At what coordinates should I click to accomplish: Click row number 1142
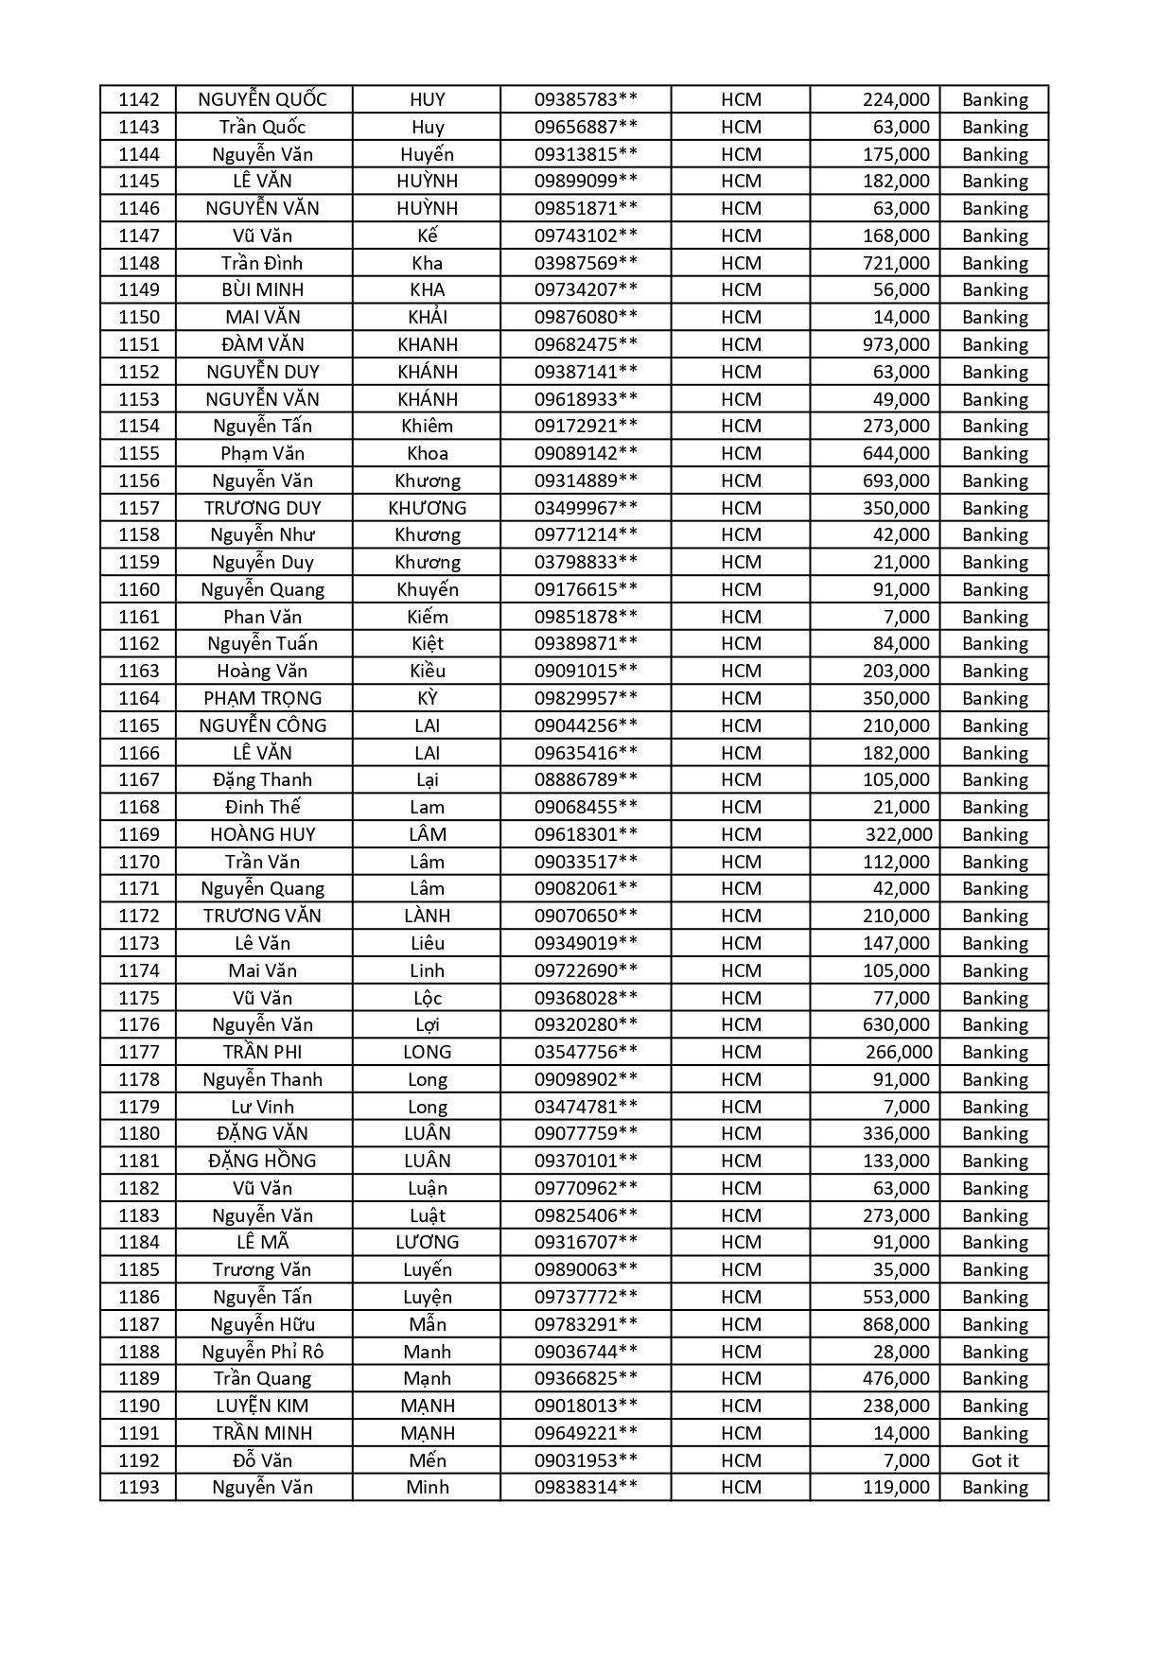(x=139, y=99)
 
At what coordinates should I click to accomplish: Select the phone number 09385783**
(x=586, y=99)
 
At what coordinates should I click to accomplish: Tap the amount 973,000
(x=896, y=344)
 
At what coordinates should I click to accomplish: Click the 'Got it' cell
(x=994, y=1460)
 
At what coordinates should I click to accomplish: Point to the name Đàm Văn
(x=263, y=344)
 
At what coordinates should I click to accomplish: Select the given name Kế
(x=427, y=236)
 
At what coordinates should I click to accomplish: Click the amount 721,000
(x=896, y=263)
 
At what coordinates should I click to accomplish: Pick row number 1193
(x=139, y=1487)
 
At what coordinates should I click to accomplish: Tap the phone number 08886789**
(x=586, y=779)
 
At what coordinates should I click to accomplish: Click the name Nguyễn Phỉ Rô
(x=263, y=1352)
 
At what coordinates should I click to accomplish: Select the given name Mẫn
(x=427, y=1324)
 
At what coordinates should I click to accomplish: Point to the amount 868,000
(x=896, y=1324)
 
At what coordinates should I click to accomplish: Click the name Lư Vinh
(x=263, y=1107)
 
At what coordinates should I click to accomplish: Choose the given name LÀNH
(x=427, y=916)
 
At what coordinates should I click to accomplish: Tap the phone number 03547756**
(x=586, y=1052)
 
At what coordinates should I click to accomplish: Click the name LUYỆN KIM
(x=263, y=1406)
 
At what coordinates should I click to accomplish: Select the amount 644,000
(x=896, y=453)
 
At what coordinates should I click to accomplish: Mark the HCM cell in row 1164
(x=741, y=698)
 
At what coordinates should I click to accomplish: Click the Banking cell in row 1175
(x=994, y=998)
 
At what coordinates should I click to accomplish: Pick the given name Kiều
(x=427, y=671)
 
